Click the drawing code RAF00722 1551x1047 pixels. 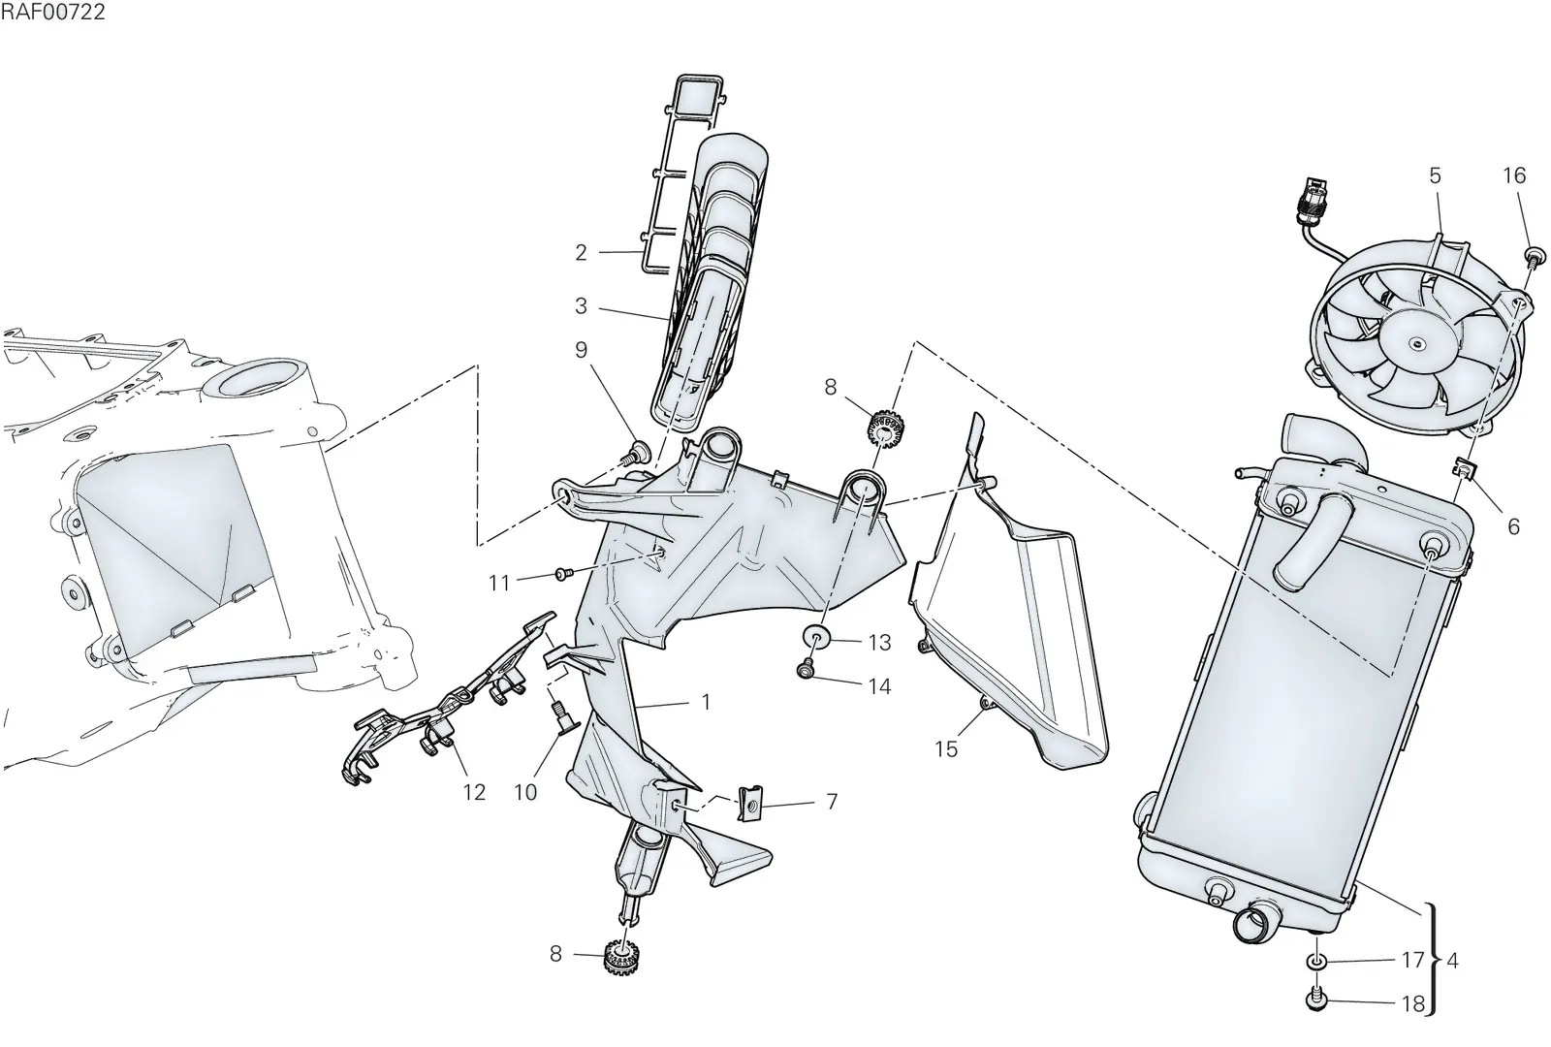(52, 12)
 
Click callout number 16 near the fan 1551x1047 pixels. (1514, 175)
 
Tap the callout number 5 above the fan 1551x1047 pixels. (1435, 175)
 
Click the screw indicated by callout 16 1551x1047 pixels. (1535, 257)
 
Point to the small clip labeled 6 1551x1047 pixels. (1465, 470)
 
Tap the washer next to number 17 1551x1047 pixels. (1315, 961)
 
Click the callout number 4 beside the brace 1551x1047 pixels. (1453, 961)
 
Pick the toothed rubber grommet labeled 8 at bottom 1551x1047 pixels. (621, 956)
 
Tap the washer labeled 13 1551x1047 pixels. (816, 636)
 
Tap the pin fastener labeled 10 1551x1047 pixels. (561, 716)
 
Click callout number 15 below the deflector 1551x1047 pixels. (946, 748)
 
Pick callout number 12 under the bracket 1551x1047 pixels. (474, 791)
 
